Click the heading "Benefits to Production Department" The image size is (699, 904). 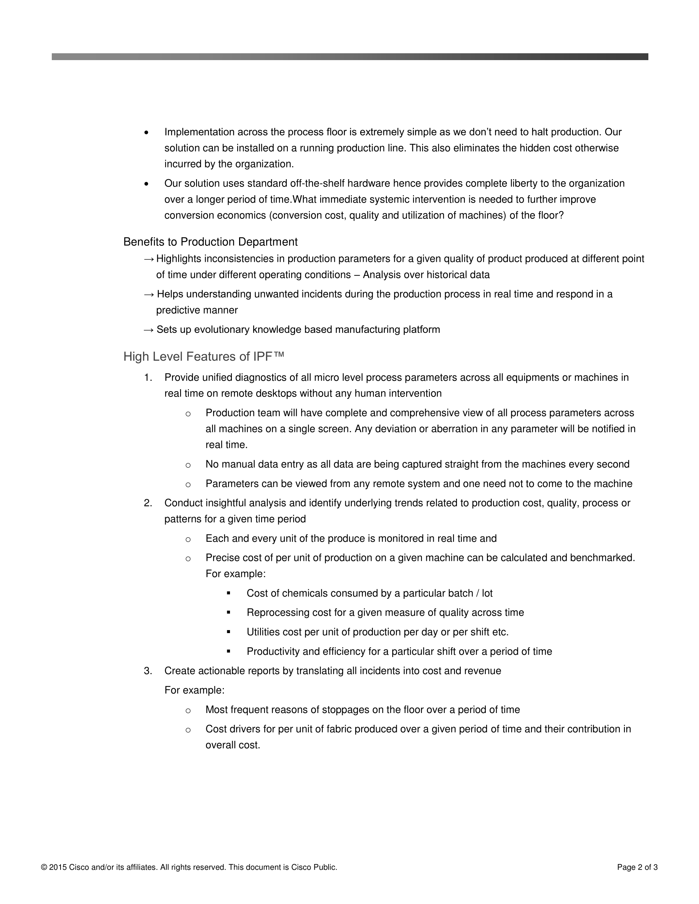[211, 242]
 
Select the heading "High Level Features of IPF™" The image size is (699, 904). [204, 357]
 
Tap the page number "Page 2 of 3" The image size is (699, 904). [637, 867]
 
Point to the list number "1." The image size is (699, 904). [148, 377]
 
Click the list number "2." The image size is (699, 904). [148, 503]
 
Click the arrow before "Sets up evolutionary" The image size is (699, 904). [148, 330]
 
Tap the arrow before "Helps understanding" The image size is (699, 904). [148, 294]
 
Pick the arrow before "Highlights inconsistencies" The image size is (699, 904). [148, 259]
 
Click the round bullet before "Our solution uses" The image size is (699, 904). [146, 184]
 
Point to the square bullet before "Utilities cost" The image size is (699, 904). [228, 632]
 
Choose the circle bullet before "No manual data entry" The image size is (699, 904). [188, 465]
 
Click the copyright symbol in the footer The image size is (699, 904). [44, 867]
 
